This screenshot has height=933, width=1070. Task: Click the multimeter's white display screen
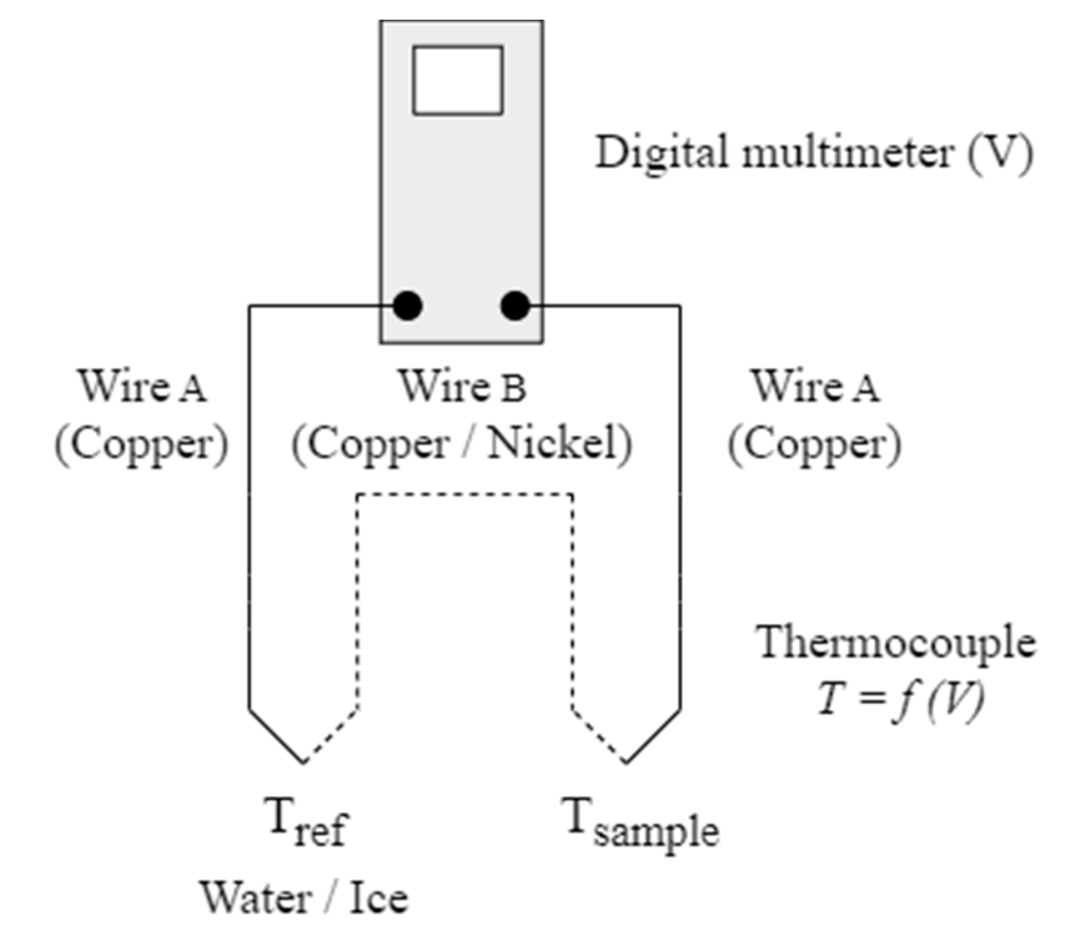tap(458, 80)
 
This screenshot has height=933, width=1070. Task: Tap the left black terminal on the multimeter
tap(408, 306)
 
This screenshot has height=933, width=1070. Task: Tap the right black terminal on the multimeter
tap(515, 306)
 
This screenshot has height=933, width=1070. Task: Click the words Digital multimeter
tap(773, 153)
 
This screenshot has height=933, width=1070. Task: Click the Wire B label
tap(463, 386)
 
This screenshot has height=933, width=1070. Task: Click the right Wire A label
tap(815, 386)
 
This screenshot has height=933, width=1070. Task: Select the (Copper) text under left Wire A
tap(141, 445)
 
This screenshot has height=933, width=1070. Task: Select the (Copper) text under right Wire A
tap(815, 445)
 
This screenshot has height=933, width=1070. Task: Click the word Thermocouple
tap(896, 643)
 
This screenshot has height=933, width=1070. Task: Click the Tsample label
tap(640, 824)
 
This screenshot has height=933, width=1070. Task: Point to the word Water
tap(256, 899)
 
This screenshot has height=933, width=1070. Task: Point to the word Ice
tap(379, 899)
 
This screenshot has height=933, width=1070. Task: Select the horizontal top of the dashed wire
tap(465, 495)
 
